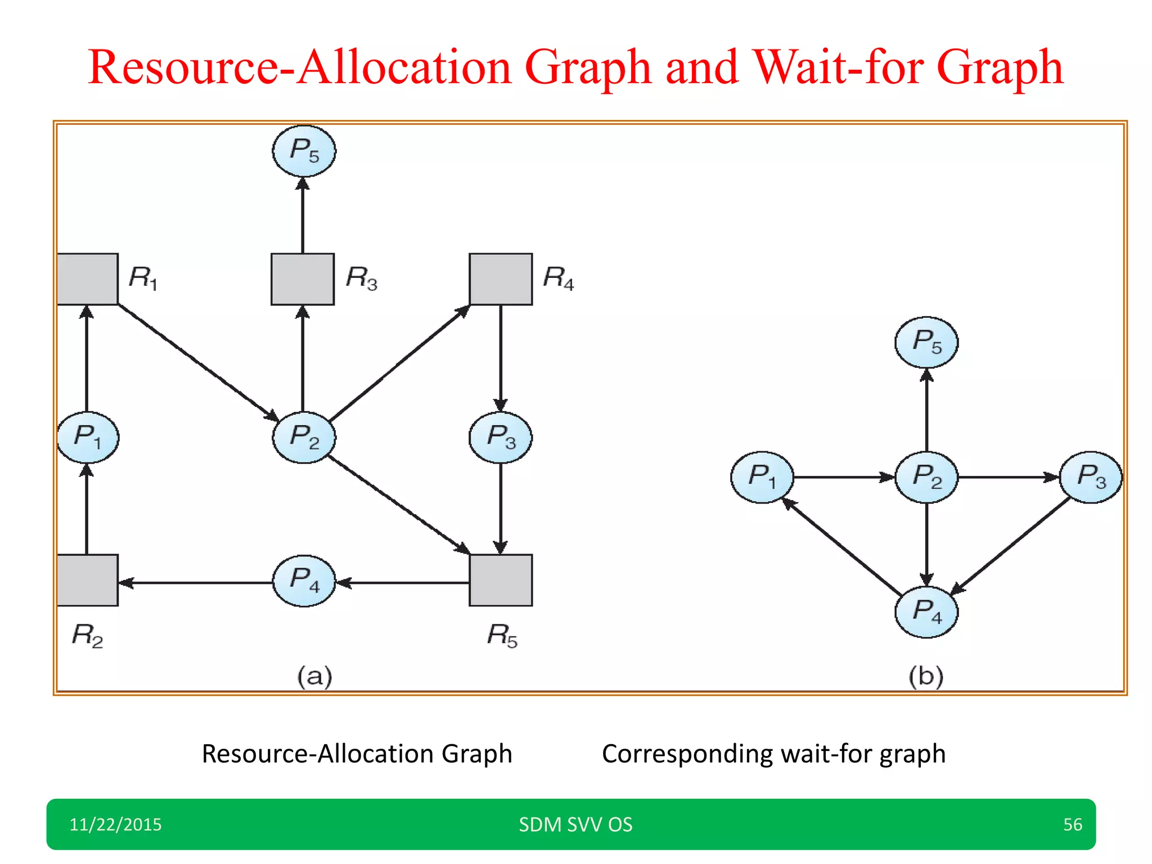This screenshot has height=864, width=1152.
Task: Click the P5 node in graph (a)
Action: pos(304,151)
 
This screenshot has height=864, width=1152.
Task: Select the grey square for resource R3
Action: pos(303,279)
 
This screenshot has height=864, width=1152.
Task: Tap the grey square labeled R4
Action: pos(501,279)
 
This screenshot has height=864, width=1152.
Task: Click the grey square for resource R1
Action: pos(88,279)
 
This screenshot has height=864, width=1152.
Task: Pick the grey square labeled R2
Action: pos(88,580)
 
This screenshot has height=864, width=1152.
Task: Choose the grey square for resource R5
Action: pos(501,580)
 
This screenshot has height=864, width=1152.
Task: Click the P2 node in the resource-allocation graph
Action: pos(304,437)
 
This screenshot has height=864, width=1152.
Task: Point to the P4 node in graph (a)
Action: pos(304,580)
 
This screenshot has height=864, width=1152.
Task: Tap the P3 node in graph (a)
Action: pos(501,437)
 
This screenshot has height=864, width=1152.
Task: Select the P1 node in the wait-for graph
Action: pos(762,477)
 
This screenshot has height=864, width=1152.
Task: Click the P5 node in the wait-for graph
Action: pos(926,342)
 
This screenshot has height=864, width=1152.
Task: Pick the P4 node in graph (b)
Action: pos(926,612)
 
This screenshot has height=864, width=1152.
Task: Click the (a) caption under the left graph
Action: pos(314,676)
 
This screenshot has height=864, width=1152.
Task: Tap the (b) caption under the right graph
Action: pos(926,676)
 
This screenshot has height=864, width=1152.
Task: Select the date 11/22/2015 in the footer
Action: pos(115,825)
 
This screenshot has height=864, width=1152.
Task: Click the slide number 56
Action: pos(1072,825)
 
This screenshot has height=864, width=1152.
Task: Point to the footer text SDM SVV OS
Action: pos(575,825)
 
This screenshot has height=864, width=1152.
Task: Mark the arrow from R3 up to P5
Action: pos(303,217)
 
